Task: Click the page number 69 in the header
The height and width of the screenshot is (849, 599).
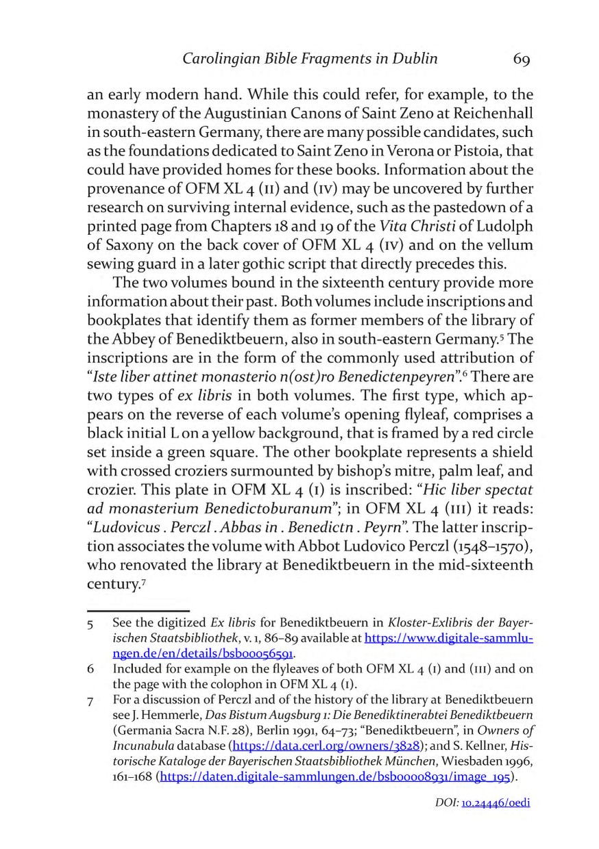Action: point(521,59)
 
